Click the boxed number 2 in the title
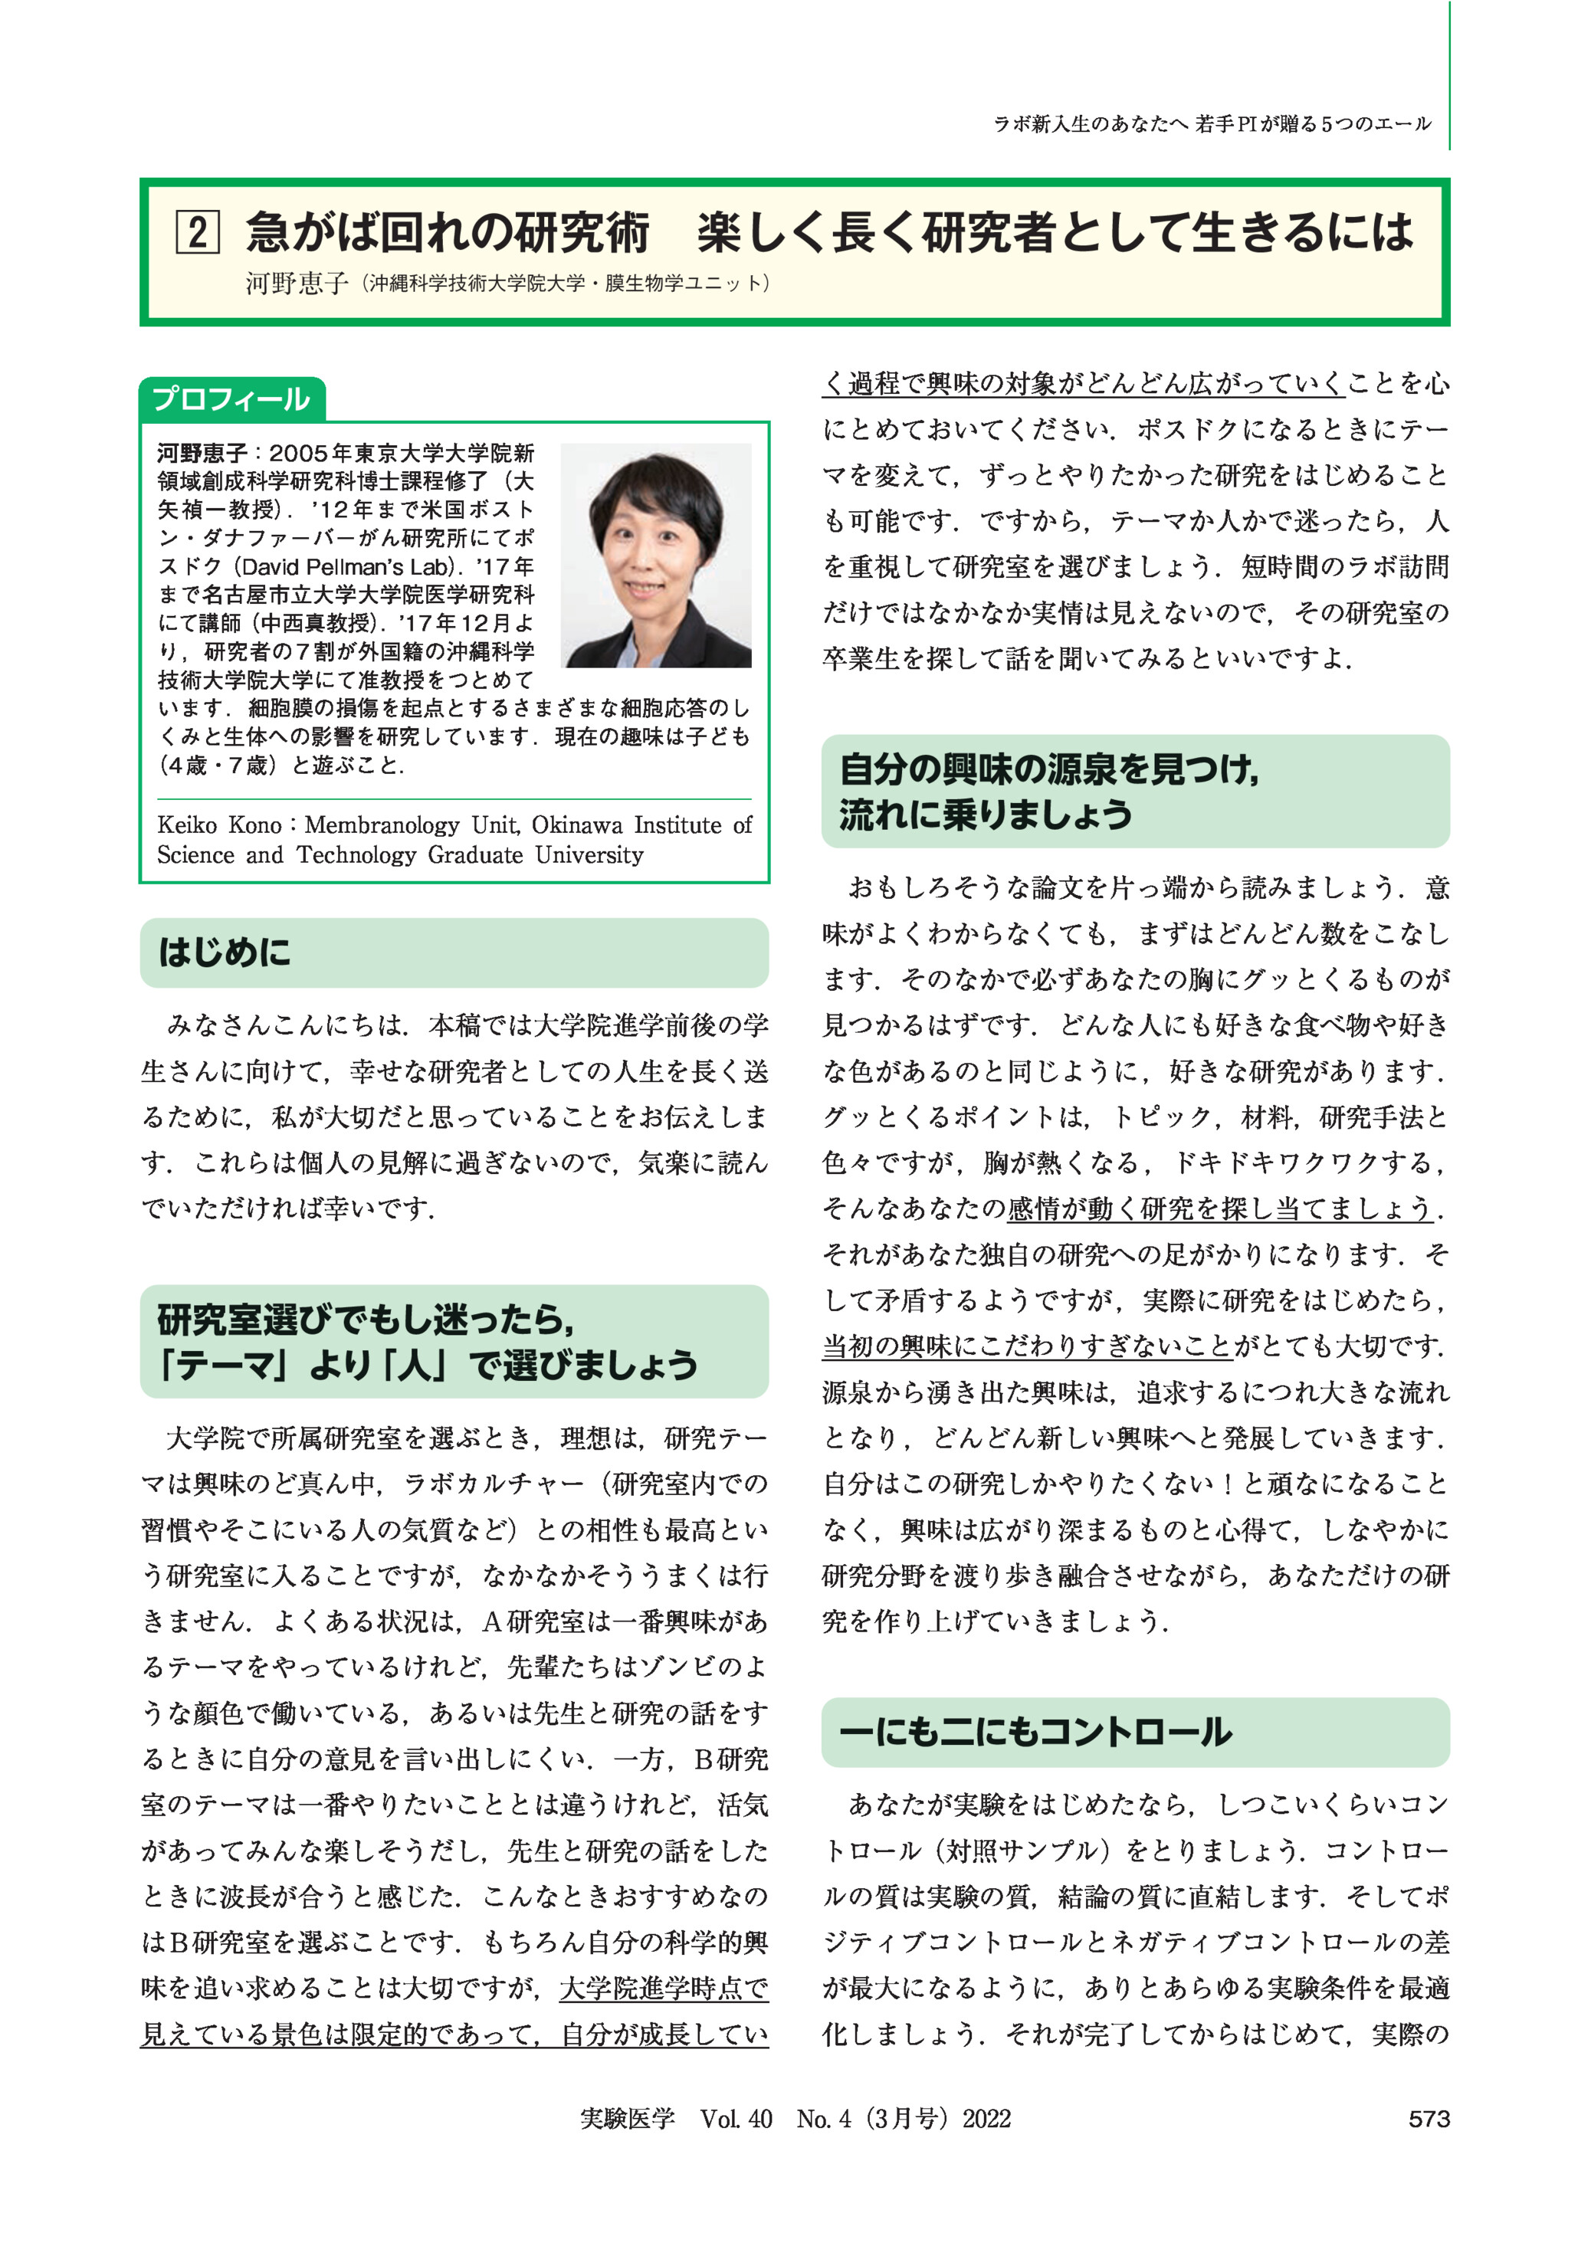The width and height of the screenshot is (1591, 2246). pos(197,233)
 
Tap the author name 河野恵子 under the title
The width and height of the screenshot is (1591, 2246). pos(297,283)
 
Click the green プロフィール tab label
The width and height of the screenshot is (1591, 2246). pos(231,400)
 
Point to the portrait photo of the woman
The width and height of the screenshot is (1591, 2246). pos(655,556)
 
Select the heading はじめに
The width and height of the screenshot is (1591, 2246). pos(225,952)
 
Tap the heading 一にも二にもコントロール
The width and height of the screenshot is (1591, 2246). pos(1035,1732)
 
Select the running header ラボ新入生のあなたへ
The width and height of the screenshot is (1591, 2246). pos(1091,124)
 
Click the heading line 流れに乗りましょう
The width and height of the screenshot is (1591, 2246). pos(985,815)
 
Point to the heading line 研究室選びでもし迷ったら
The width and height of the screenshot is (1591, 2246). pos(365,1320)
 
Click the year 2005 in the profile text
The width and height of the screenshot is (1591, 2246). pos(299,454)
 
